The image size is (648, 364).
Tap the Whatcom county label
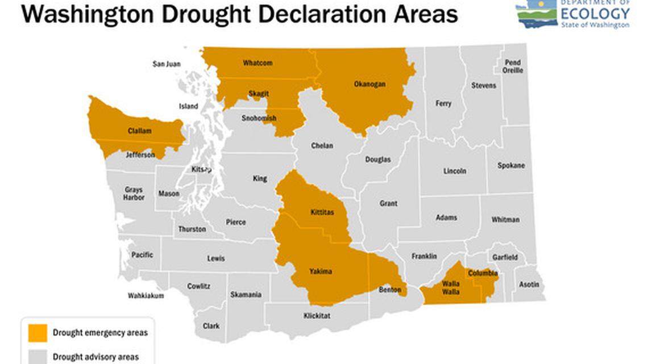(257, 62)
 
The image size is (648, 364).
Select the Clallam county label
(139, 131)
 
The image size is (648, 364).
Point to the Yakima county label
(321, 271)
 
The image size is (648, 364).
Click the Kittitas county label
(322, 212)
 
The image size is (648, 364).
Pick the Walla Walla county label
(452, 287)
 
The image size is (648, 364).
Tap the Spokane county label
(511, 166)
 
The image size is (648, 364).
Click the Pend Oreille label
(513, 66)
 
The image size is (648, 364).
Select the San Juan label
(166, 64)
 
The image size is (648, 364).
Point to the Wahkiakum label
(146, 296)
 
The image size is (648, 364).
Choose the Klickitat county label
(317, 316)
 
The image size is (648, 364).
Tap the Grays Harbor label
(134, 194)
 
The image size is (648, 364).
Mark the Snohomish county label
(259, 118)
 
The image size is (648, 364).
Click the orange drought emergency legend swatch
(38, 333)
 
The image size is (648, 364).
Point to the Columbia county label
(483, 273)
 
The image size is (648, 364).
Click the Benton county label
(389, 290)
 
